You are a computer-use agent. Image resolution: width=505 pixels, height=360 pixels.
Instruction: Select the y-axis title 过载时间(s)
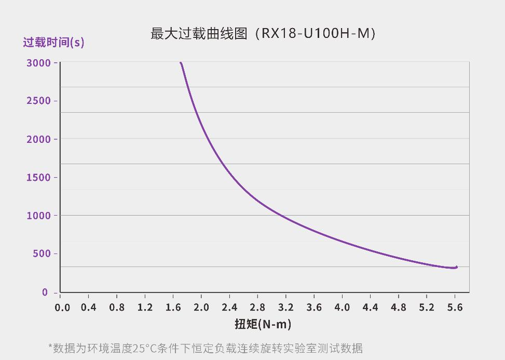point(53,42)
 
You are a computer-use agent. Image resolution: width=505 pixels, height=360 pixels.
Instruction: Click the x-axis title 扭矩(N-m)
point(263,324)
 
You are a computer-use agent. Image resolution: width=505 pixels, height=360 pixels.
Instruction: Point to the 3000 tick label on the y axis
point(38,63)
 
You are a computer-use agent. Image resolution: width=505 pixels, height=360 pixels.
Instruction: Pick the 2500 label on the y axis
point(38,101)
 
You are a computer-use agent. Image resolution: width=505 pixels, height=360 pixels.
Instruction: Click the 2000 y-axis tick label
point(38,139)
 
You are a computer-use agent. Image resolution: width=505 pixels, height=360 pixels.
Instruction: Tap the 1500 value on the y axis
point(38,178)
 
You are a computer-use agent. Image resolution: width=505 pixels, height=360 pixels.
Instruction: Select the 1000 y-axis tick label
point(38,216)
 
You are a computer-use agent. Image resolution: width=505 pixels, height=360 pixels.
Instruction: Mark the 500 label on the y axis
point(42,254)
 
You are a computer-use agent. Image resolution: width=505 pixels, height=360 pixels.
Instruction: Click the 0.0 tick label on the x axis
point(62,308)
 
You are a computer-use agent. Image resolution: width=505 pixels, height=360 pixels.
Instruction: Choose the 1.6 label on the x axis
point(173,308)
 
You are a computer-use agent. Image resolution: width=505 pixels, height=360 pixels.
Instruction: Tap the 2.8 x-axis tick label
point(257,308)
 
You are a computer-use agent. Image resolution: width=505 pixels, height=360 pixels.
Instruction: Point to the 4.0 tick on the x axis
point(342,308)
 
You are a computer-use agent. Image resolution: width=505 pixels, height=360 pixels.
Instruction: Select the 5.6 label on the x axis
point(455,308)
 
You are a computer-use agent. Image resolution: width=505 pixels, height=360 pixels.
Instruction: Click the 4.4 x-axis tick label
point(370,308)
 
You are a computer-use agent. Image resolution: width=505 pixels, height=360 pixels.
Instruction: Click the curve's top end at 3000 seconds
point(181,63)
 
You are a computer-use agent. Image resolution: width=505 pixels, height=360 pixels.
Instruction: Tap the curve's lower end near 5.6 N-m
point(456,268)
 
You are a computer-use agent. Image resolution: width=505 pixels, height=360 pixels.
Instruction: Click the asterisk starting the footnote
point(50,346)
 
